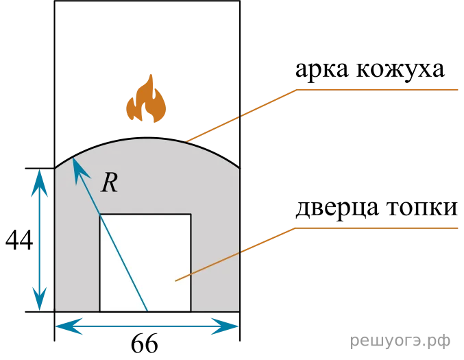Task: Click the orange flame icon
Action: [146, 99]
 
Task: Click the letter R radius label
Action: [109, 183]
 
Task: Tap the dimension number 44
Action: [19, 240]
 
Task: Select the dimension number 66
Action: [144, 344]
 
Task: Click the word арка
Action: [322, 69]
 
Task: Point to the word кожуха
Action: [400, 69]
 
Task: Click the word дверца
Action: [337, 208]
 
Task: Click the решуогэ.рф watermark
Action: [400, 341]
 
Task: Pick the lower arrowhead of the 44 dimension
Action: [39, 298]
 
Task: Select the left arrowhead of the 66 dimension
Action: [68, 326]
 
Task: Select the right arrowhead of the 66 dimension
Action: [225, 326]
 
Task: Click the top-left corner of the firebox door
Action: [100, 214]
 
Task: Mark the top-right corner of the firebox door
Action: [191, 214]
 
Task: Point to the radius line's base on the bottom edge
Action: [147, 311]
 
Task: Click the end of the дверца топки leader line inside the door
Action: [175, 280]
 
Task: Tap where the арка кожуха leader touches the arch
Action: [186, 141]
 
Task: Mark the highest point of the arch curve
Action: [147, 138]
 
